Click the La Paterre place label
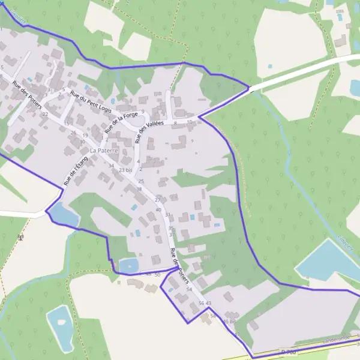[x=104, y=150]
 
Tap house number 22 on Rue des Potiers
[x=45, y=114]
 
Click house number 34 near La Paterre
[x=111, y=166]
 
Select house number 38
[x=139, y=189]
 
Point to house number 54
[x=189, y=290]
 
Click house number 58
[x=212, y=316]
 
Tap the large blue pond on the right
[x=327, y=259]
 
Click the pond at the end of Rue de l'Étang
[x=63, y=215]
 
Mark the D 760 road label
[x=289, y=352]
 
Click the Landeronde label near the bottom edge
[x=336, y=340]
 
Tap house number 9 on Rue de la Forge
[x=143, y=111]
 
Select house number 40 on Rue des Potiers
[x=158, y=209]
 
